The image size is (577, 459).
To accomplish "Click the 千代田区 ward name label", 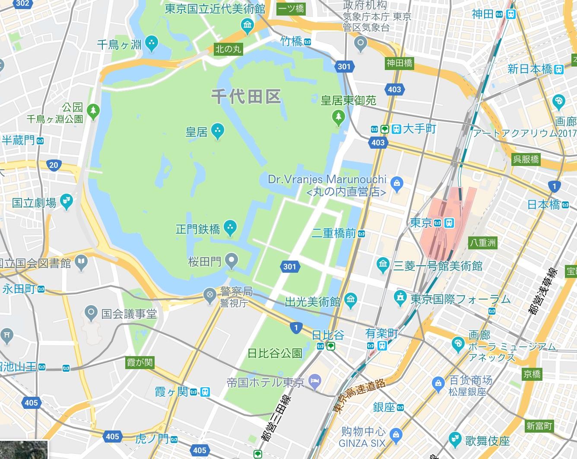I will pyautogui.click(x=246, y=96).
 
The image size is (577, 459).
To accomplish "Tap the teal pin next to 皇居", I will pyautogui.click(x=218, y=131).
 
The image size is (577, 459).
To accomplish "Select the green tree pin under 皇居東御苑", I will pyautogui.click(x=338, y=116).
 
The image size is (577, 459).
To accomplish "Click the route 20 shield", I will pyautogui.click(x=54, y=165).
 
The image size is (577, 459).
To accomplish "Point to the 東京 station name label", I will pyautogui.click(x=421, y=223).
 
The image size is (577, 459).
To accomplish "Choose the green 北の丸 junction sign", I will pyautogui.click(x=228, y=49).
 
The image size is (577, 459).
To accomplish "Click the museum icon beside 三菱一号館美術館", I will pyautogui.click(x=383, y=265).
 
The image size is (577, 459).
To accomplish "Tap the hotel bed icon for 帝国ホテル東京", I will pyautogui.click(x=315, y=381).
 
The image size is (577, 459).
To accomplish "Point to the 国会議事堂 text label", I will pyautogui.click(x=129, y=314).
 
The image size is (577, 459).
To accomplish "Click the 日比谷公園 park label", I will pyautogui.click(x=275, y=353).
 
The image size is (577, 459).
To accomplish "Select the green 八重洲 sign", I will pyautogui.click(x=483, y=243).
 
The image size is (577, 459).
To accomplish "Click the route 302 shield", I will pyautogui.click(x=22, y=4).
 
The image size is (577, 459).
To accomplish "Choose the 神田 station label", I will pyautogui.click(x=482, y=14).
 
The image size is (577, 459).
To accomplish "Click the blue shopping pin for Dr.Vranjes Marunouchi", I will pyautogui.click(x=397, y=184).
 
